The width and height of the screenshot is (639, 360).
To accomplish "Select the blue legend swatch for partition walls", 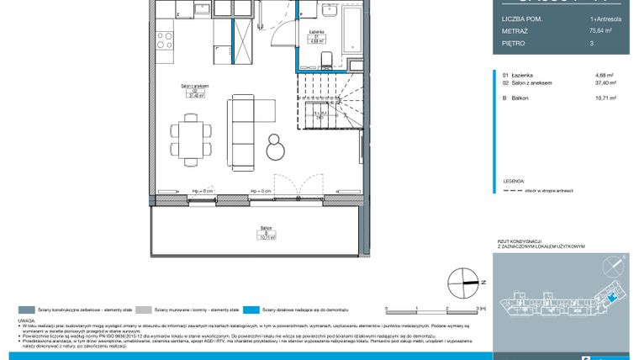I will click(x=255, y=310).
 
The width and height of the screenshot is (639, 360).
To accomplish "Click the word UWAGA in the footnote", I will click(x=26, y=321).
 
